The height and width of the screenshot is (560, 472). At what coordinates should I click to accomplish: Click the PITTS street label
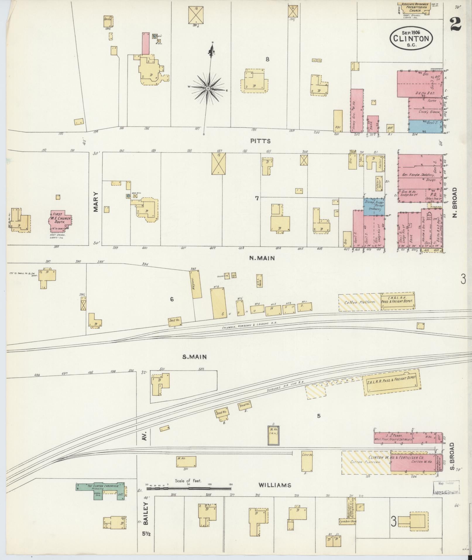click(260, 141)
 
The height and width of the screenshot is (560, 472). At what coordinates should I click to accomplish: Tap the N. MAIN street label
click(262, 258)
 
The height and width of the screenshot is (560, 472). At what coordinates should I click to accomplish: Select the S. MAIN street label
click(195, 357)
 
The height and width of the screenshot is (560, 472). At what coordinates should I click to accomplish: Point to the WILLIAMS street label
click(275, 485)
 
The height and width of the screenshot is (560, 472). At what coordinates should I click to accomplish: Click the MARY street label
click(96, 202)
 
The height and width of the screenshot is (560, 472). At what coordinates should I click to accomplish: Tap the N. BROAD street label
click(454, 202)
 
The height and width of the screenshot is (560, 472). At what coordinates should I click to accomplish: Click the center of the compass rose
click(208, 88)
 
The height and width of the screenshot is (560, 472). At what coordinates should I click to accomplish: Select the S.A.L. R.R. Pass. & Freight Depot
click(391, 383)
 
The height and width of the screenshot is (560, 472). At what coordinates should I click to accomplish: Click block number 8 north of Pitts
click(267, 59)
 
